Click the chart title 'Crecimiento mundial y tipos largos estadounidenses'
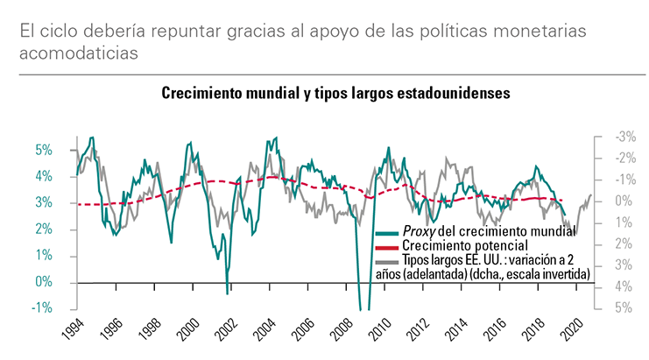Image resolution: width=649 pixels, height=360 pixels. pyautogui.click(x=335, y=93)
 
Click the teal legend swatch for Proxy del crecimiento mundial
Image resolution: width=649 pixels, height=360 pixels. pyautogui.click(x=386, y=233)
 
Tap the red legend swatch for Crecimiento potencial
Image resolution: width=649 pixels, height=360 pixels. pyautogui.click(x=386, y=248)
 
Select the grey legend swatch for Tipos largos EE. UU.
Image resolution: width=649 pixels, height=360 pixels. pyautogui.click(x=386, y=262)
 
